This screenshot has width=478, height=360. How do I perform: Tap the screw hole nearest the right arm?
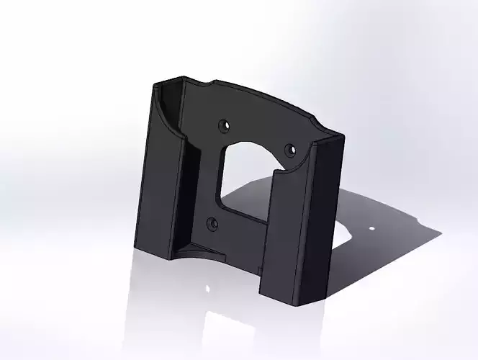click(291, 150)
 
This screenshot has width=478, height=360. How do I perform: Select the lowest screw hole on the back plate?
click(211, 223)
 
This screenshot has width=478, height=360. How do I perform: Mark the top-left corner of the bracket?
click(155, 85)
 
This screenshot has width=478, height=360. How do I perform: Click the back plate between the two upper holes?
click(258, 133)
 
